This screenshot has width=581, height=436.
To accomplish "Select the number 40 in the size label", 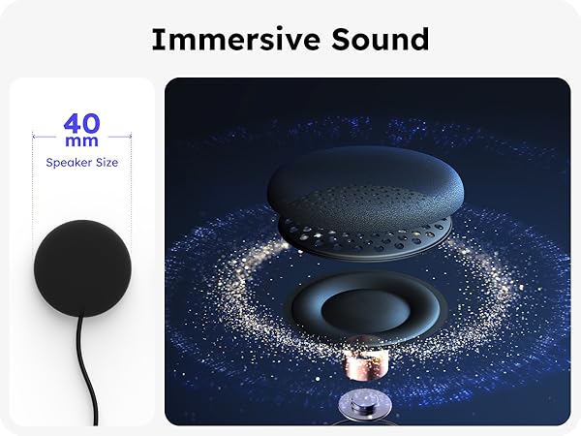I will pos(82,124).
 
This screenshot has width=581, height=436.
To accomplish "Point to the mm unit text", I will pos(82,143).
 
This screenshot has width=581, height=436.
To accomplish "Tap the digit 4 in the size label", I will pos(72,124).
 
